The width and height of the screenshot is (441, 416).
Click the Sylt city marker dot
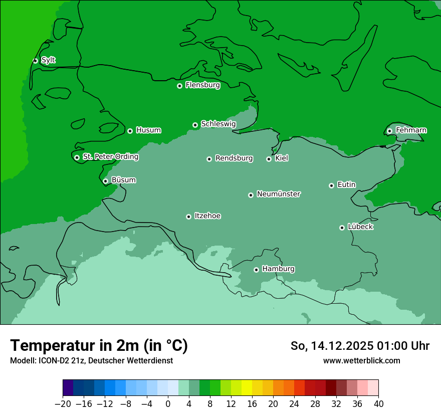[x=35, y=61]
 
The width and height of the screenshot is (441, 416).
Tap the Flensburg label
[x=202, y=85]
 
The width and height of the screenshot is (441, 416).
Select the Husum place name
[x=148, y=130]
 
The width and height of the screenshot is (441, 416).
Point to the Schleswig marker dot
[x=195, y=125]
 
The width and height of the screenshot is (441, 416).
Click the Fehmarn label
[x=411, y=130]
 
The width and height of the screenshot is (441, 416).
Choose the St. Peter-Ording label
[x=110, y=157]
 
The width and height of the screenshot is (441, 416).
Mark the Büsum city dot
[x=105, y=181]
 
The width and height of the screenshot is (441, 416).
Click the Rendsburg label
[x=234, y=158]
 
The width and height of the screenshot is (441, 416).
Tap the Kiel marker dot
[x=269, y=159]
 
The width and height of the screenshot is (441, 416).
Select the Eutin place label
[x=346, y=185]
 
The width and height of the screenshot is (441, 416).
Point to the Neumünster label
[x=279, y=194]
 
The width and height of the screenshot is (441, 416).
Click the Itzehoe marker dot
[x=188, y=217]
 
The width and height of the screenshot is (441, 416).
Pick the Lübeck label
[x=360, y=227]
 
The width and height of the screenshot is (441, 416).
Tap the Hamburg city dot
[x=256, y=270]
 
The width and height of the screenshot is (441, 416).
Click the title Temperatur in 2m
[x=99, y=346]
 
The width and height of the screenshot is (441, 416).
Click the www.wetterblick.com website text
[x=361, y=360]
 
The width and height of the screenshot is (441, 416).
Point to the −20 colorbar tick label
[x=63, y=404]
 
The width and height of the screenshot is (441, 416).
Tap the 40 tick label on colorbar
[x=378, y=404]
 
